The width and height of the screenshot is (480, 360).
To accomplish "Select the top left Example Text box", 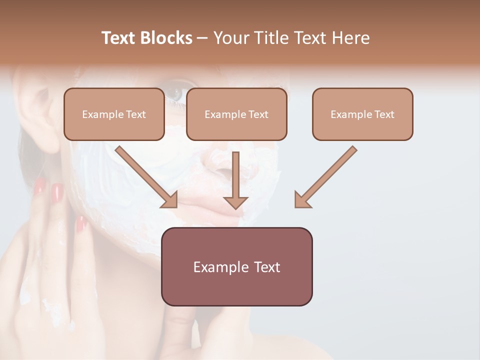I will (114, 114).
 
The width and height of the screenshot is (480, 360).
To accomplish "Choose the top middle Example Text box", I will (236, 114).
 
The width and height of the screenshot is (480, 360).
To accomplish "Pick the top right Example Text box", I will (362, 114).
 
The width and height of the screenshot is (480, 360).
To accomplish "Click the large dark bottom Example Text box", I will (236, 267).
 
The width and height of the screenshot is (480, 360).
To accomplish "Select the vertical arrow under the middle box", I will (235, 180).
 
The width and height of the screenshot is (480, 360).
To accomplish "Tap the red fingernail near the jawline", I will (80, 224).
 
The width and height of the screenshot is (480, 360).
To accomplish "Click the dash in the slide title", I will (202, 38).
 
